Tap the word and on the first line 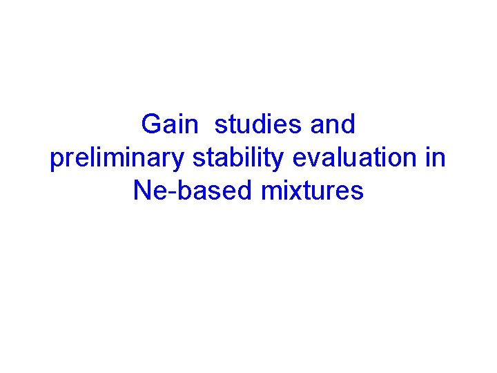(333, 125)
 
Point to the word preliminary (117, 158)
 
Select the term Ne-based (194, 191)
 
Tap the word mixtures (313, 191)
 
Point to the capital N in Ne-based (141, 191)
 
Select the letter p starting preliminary (57, 161)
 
